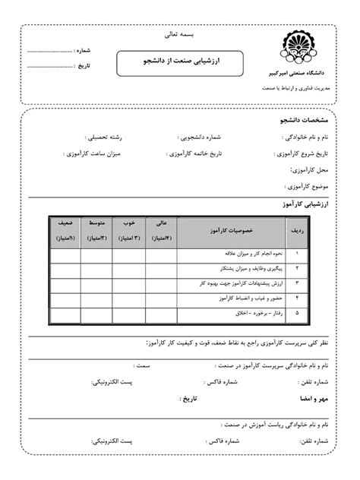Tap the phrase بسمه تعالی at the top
click(179, 34)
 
